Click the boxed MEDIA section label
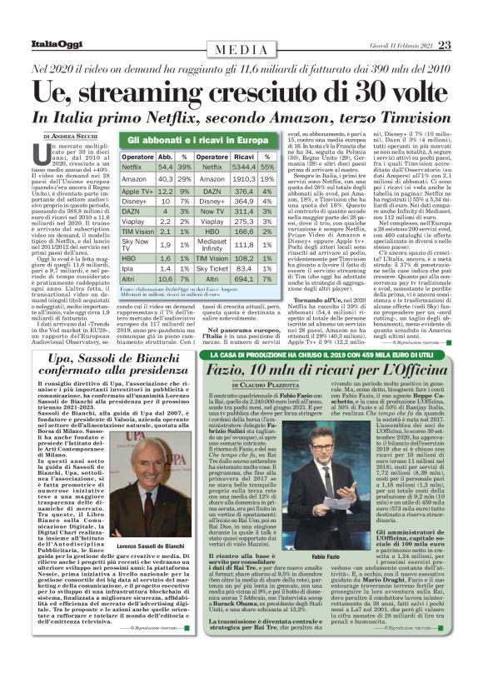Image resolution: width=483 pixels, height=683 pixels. pos(242,50)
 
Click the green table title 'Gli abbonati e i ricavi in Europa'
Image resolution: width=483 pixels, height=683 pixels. pos(201,142)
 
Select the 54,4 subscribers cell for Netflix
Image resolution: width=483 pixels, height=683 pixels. pos(165,167)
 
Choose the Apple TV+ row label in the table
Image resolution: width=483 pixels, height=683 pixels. pos(136,191)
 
